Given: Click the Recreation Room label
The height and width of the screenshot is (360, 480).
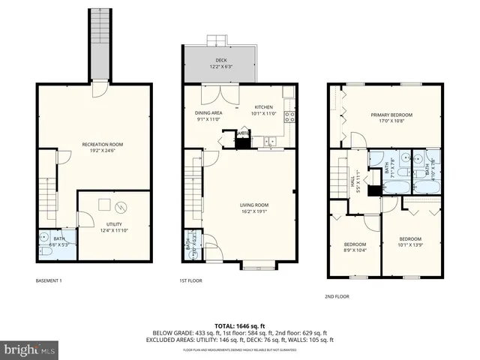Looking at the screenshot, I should click(x=103, y=144).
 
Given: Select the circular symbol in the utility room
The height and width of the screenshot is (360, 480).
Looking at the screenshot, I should click(x=122, y=207).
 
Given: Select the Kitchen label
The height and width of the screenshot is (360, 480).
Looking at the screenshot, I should click(x=264, y=107).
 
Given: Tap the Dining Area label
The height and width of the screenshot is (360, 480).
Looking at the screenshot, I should click(x=209, y=112).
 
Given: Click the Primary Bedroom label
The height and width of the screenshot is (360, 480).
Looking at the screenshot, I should click(x=391, y=115).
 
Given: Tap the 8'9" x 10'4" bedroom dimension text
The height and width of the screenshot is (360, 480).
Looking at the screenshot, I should click(x=355, y=249).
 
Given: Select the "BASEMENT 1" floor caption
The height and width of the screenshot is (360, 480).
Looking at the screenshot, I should click(x=49, y=281).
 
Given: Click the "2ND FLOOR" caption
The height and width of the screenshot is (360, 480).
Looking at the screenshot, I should click(x=337, y=296).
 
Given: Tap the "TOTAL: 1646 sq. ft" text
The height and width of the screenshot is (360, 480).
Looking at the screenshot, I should click(x=240, y=325).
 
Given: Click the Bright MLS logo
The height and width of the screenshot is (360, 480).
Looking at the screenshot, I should click(x=29, y=349).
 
